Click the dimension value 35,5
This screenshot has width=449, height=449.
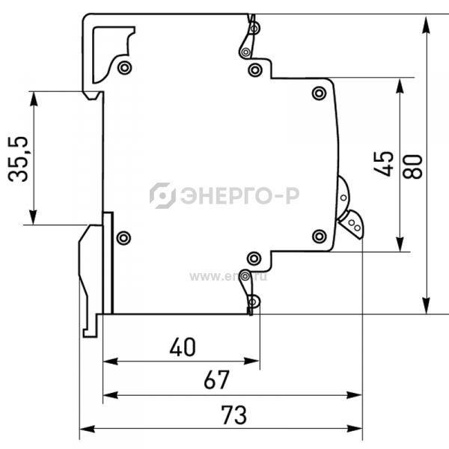click(20, 159)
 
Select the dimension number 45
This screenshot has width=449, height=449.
click(384, 163)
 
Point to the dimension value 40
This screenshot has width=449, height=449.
click(182, 346)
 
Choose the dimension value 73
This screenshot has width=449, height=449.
click(233, 414)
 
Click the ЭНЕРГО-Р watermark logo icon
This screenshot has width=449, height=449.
click(162, 195)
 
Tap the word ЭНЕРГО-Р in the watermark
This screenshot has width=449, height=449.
click(238, 196)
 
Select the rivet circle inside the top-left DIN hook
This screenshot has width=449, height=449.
click(124, 68)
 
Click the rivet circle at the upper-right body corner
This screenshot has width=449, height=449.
click(320, 93)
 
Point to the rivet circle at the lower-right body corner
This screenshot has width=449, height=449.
click(320, 236)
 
